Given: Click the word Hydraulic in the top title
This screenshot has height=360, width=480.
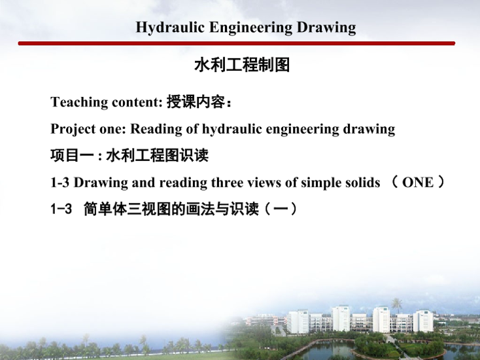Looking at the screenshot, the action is point(170,27).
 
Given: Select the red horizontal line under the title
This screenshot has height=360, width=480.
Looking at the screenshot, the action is point(237,43).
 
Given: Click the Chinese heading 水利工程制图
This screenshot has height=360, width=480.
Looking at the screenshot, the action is point(242,65).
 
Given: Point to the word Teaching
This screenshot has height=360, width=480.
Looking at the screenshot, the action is point(78,102).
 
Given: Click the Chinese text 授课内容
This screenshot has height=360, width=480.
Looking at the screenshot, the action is point(196,101).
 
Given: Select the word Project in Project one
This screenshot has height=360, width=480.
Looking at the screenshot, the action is point(73,130).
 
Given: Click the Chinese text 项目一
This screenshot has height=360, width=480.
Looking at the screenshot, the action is point(72,155).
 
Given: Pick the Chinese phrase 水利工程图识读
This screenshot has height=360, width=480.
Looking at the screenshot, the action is point(158,155).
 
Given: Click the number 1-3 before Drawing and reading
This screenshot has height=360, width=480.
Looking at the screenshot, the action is point(60,183).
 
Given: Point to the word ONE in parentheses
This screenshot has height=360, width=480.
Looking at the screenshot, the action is point(418,183).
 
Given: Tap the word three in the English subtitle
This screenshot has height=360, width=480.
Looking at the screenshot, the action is point(227,183).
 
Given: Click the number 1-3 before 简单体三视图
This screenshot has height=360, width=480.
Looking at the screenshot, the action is point(61,209).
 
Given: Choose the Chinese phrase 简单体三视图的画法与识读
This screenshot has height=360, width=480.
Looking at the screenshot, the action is point(171,209).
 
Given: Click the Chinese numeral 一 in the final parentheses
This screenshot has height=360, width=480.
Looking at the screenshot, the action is point(280,209).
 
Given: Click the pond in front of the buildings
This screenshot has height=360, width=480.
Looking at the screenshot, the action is point(331,350).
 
